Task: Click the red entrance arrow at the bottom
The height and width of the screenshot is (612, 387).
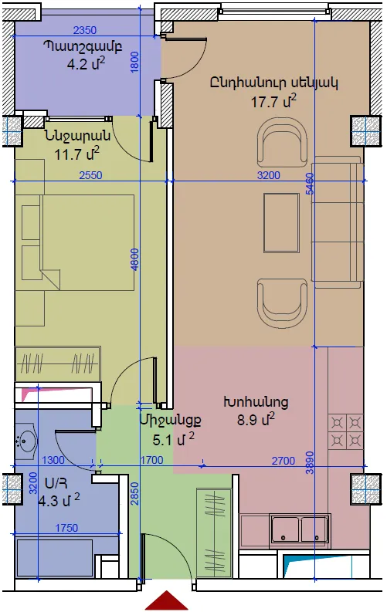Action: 167,600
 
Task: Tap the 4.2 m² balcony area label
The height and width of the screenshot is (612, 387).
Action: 86,63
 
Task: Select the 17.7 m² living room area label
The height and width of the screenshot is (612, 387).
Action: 273,100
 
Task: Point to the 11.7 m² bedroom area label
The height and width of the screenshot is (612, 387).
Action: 77,153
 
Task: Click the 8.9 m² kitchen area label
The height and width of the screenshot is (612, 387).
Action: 256,420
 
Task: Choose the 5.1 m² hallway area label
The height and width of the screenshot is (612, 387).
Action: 173,439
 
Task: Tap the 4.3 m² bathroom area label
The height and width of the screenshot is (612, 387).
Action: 59,500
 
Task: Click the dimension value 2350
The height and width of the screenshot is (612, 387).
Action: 85,30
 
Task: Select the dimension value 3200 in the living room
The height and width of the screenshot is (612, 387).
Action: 269,175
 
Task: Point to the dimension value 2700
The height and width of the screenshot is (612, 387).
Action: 283,461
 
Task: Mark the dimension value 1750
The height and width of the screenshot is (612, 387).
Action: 66,528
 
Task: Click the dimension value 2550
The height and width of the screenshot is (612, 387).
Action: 90,175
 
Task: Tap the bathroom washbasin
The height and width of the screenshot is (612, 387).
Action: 25,441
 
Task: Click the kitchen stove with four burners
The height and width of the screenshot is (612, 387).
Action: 346,431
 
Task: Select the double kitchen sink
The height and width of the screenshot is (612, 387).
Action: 300,529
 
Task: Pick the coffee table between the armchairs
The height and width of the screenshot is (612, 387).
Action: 282,223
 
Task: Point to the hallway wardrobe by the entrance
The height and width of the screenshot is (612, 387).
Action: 214,532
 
